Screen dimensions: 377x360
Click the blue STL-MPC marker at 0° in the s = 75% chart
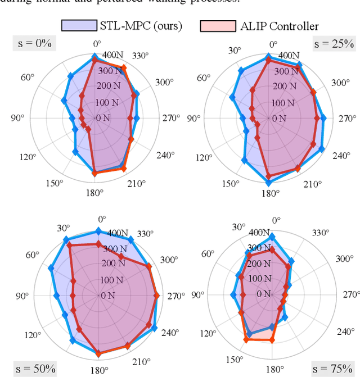pyautogui.click(x=272, y=237)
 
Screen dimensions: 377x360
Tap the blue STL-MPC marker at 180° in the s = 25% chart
pyautogui.click(x=268, y=182)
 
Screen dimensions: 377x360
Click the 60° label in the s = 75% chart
pyautogui.click(x=208, y=254)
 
